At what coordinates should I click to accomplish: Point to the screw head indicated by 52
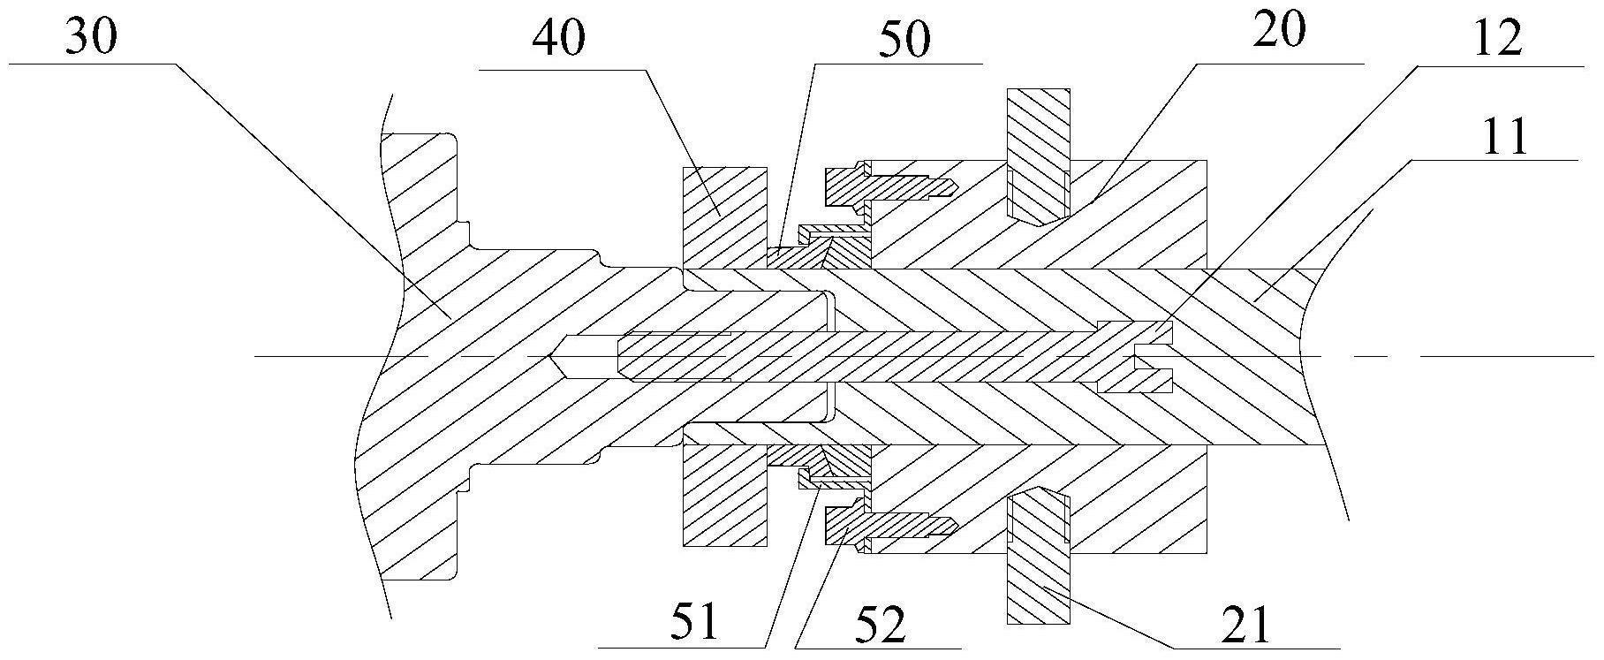(x=844, y=527)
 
